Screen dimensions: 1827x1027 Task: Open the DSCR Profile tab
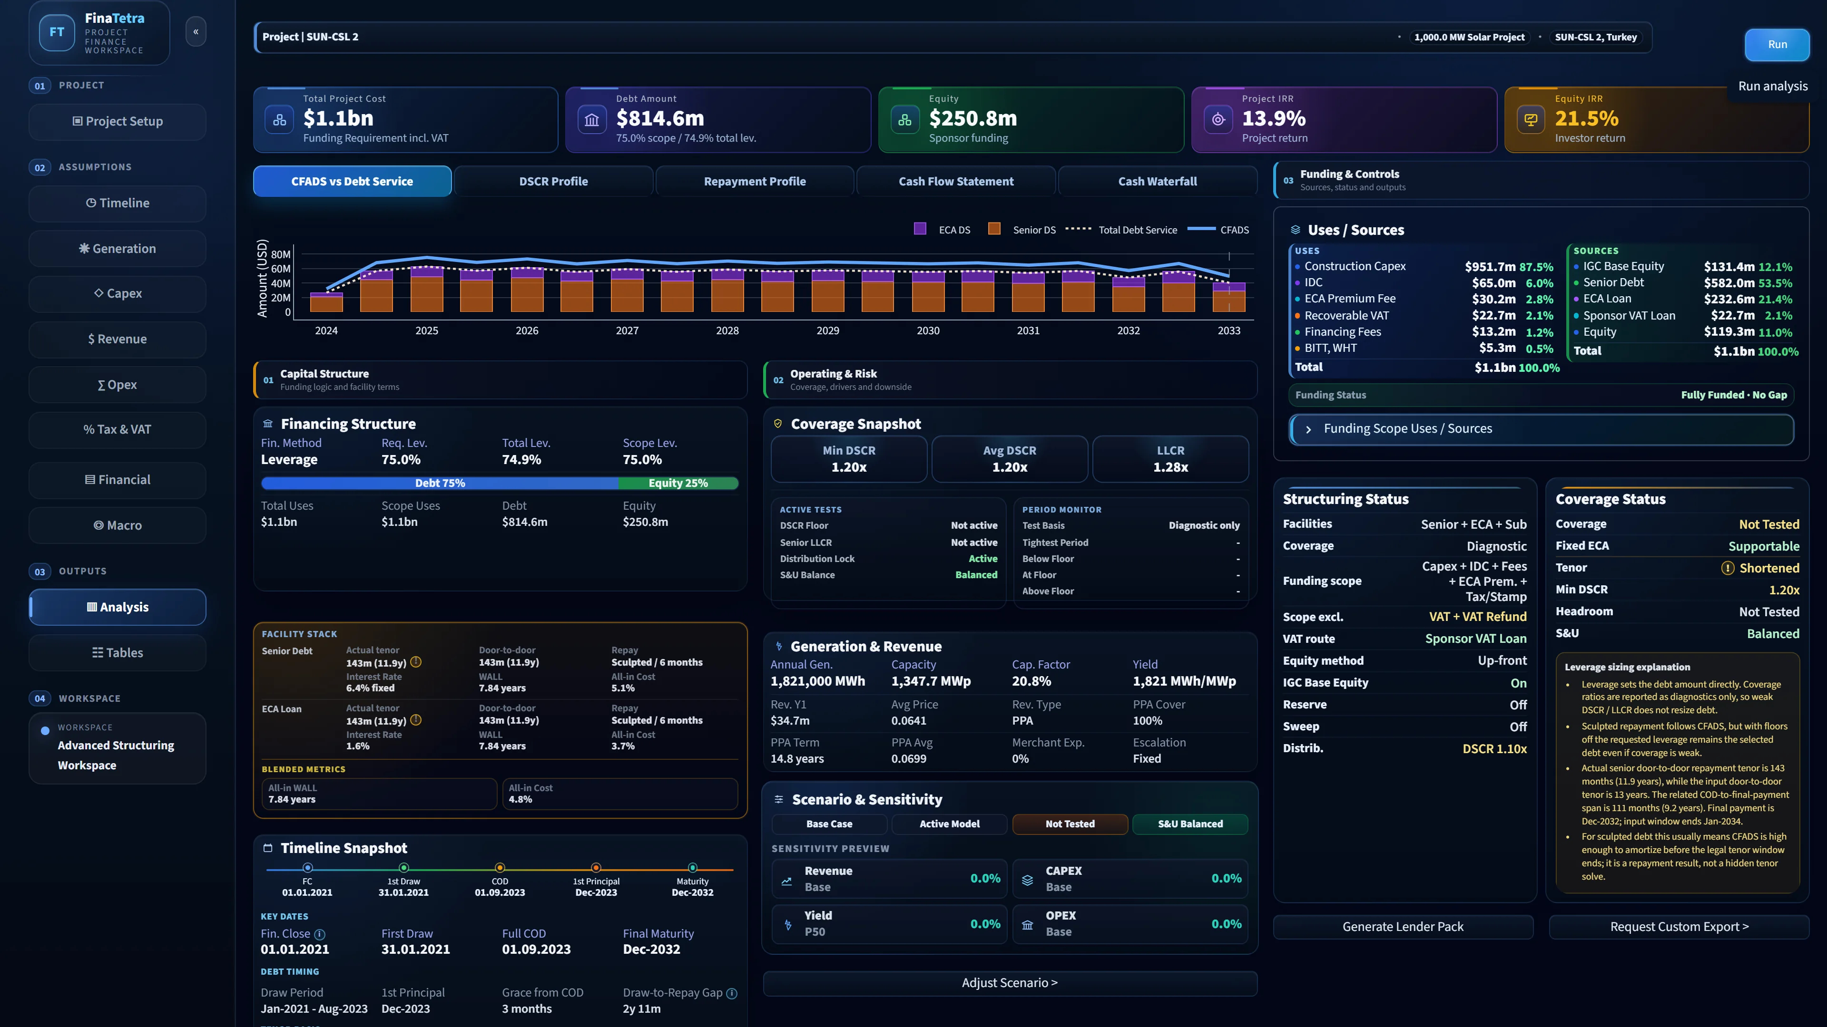click(x=553, y=182)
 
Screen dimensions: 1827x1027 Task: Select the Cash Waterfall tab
click(x=1158, y=182)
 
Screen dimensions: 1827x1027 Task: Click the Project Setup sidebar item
click(x=118, y=121)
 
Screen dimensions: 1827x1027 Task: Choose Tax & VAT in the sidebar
click(x=118, y=429)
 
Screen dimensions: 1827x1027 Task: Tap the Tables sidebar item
click(x=118, y=653)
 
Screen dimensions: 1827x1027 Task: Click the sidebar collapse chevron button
click(x=196, y=31)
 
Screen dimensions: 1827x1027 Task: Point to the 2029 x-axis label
click(x=828, y=331)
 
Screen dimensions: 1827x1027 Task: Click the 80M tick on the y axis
click(x=281, y=254)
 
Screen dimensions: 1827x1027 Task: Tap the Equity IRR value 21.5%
click(x=1587, y=118)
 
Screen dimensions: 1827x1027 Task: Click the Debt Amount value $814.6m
click(x=659, y=118)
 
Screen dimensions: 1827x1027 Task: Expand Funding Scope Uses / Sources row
click(x=1541, y=429)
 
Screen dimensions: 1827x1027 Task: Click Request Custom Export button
click(x=1679, y=927)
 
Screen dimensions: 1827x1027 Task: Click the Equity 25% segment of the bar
click(x=678, y=484)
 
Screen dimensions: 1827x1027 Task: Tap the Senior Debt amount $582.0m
click(x=1729, y=283)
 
